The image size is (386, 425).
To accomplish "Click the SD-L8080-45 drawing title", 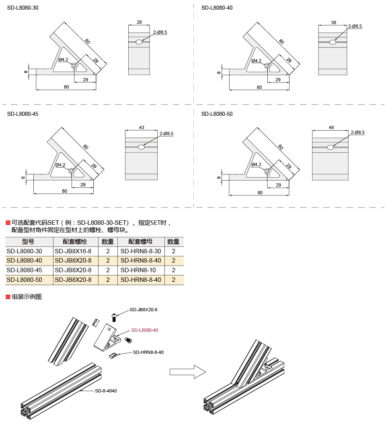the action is (x=23, y=114).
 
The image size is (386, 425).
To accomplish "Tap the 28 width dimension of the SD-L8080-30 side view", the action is (x=139, y=22).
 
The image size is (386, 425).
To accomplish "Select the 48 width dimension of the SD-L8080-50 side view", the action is (x=331, y=127).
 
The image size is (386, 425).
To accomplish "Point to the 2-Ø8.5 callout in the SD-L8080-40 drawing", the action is (x=355, y=26).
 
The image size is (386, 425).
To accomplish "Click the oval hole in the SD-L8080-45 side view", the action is (x=141, y=147).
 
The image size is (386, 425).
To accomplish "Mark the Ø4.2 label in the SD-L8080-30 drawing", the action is (x=63, y=60).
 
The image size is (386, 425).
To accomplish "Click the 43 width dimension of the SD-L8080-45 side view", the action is (x=142, y=127).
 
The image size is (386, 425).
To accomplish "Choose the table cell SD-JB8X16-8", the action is (x=73, y=251).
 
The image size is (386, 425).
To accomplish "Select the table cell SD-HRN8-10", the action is (x=138, y=270).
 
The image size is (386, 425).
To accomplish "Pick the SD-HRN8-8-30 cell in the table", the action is (x=141, y=251).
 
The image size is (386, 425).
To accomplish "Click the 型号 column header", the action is (x=28, y=242).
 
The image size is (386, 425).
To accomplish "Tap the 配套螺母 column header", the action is (x=140, y=242).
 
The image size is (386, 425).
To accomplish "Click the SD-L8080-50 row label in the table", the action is (x=25, y=280).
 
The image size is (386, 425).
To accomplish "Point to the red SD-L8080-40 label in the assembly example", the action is (x=144, y=330).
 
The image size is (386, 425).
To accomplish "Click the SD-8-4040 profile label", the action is (x=106, y=391).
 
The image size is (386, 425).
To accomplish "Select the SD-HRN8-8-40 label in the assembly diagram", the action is (x=148, y=352).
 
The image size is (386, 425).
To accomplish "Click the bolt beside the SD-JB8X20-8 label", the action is (x=114, y=317).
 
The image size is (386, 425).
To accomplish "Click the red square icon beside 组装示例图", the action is (x=8, y=297).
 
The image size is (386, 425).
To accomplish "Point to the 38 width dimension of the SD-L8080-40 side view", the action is (x=333, y=23).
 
